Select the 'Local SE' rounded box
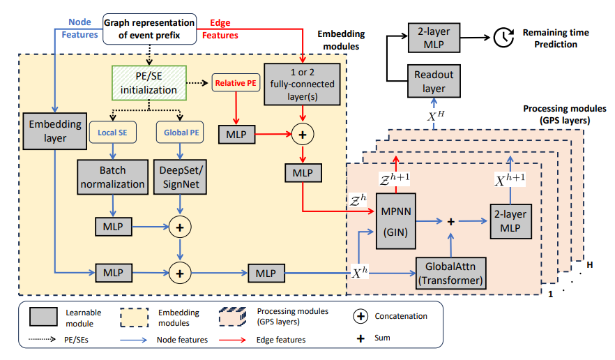click(112, 130)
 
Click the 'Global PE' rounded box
click(181, 130)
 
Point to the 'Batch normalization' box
click(112, 177)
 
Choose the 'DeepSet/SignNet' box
click(181, 177)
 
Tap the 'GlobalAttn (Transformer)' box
click(449, 273)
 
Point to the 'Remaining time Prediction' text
click(556, 38)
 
